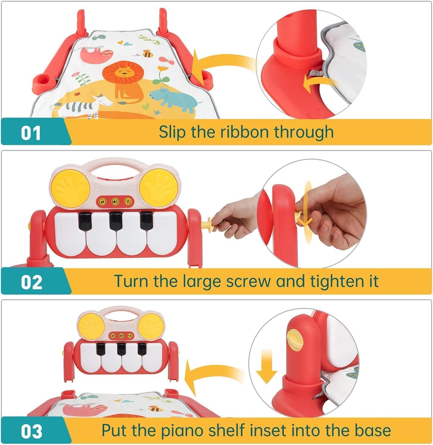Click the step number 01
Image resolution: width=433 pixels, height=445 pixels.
coord(31,133)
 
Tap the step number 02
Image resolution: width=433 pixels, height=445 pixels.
coord(32,282)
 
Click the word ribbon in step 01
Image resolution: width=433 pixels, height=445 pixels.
coord(244,132)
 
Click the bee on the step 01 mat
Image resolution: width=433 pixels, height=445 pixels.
coord(148,53)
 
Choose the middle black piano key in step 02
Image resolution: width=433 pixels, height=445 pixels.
coord(116,221)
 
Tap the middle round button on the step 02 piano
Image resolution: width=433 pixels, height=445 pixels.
coord(115,201)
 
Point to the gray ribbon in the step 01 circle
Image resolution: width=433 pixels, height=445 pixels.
coord(315,73)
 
